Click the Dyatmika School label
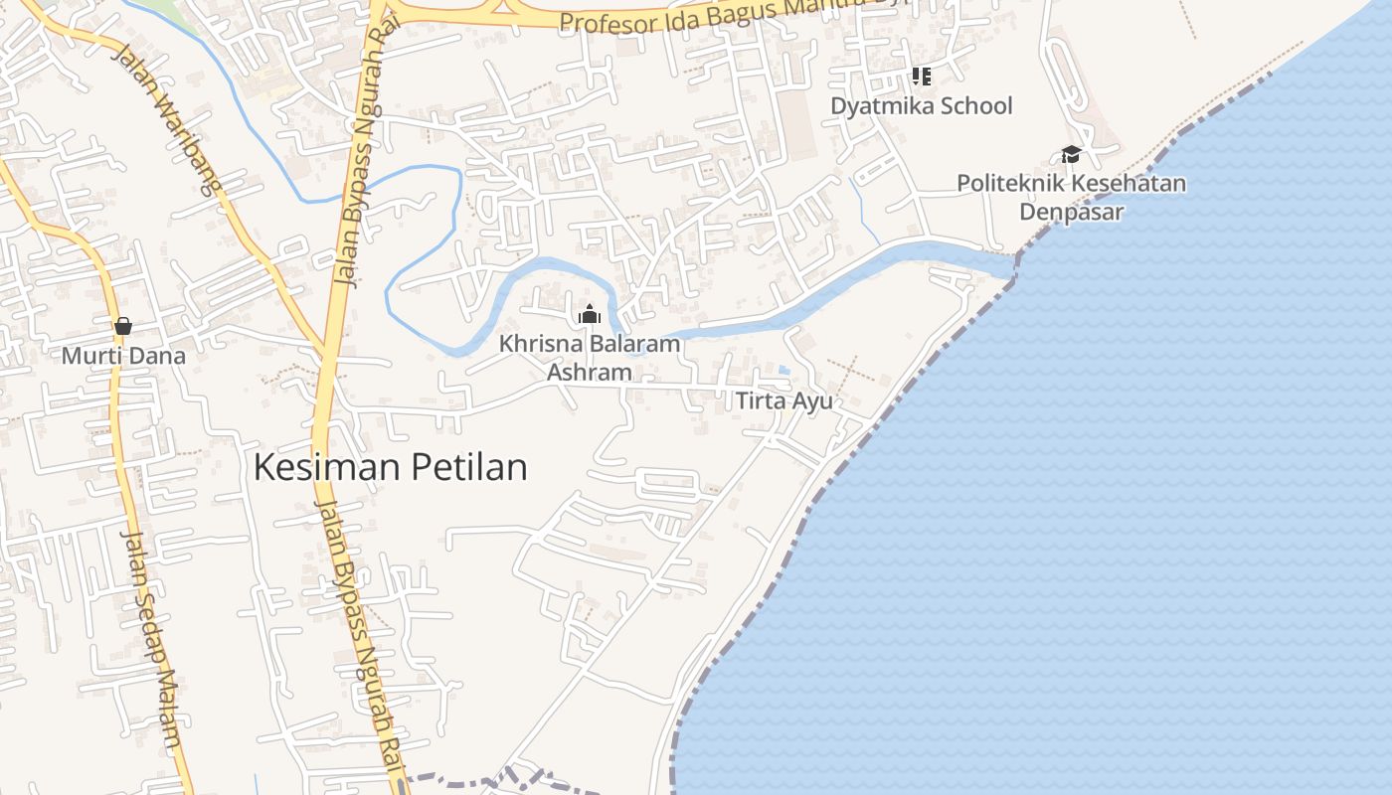(921, 105)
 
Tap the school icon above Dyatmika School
(921, 76)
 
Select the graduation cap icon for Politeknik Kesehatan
(1071, 154)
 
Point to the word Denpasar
(1071, 212)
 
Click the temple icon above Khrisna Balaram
(590, 315)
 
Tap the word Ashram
(590, 373)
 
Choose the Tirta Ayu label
(783, 401)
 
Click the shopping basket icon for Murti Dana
(123, 326)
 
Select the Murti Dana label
(123, 355)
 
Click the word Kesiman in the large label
(325, 467)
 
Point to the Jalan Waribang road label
(165, 119)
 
